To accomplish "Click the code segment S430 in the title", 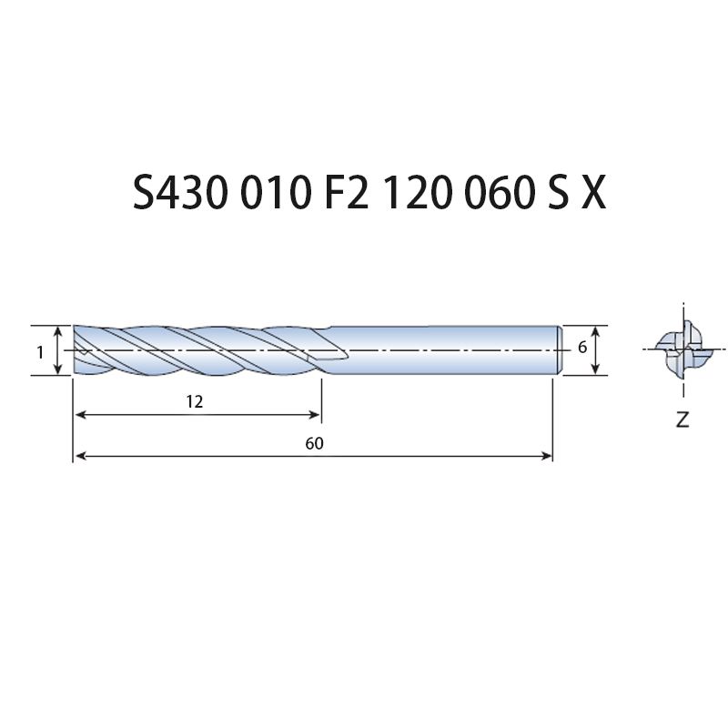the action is [180, 193].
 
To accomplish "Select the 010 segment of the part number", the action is [275, 193].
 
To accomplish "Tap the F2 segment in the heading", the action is [346, 193].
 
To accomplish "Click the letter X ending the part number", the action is [594, 193].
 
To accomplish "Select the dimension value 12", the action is [195, 401].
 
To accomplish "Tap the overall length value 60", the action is [314, 443].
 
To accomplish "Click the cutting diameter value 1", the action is [40, 353].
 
